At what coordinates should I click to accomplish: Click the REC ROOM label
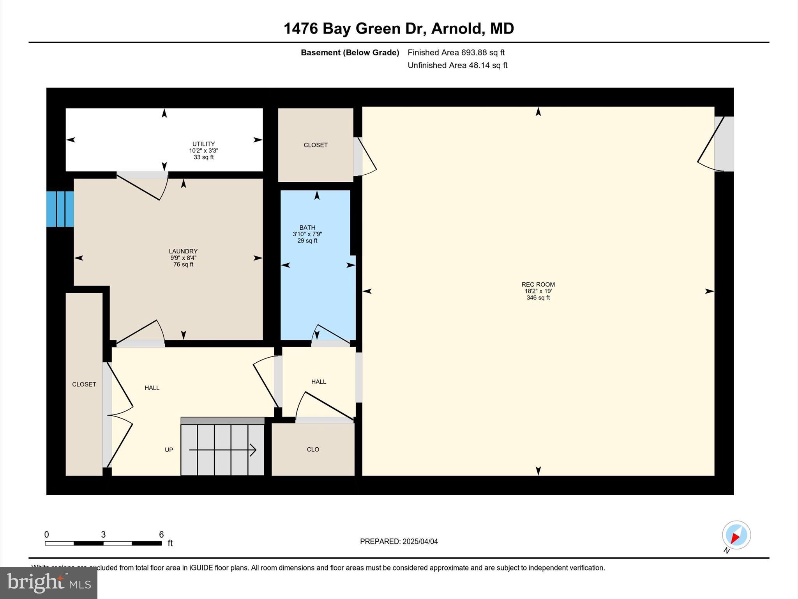click(538, 285)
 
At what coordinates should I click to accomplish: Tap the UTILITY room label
click(203, 144)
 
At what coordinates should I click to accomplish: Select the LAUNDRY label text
click(183, 252)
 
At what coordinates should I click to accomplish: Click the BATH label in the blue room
click(307, 228)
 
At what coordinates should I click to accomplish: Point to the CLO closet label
click(313, 450)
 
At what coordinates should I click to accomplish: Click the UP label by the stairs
click(169, 450)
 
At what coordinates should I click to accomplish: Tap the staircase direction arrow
click(222, 450)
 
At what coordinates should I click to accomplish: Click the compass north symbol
click(736, 535)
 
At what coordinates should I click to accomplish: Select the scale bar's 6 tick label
click(161, 535)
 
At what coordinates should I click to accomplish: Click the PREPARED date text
click(399, 542)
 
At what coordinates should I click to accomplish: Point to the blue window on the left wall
click(60, 209)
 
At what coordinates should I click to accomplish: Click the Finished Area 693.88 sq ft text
click(456, 53)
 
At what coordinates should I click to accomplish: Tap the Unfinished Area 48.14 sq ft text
click(457, 66)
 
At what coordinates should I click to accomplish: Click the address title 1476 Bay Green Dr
click(399, 28)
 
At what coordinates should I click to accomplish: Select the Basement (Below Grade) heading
click(350, 53)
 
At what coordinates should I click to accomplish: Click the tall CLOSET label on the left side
click(84, 385)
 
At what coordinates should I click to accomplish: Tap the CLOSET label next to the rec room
click(315, 145)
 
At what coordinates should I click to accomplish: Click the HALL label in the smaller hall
click(318, 382)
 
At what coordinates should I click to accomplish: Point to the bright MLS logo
click(49, 583)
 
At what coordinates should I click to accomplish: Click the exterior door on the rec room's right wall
click(724, 144)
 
